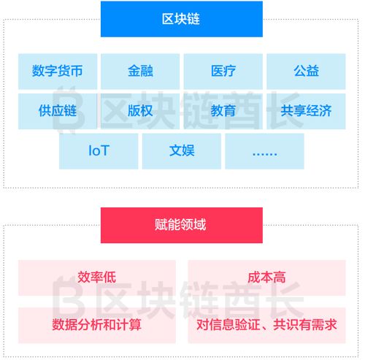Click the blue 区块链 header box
pyautogui.click(x=182, y=19)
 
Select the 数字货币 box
pyautogui.click(x=58, y=72)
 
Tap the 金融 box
pyautogui.click(x=140, y=72)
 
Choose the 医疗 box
pyautogui.click(x=223, y=72)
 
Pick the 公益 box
pyautogui.click(x=306, y=72)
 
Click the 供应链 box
pyautogui.click(x=58, y=111)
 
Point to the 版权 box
pyautogui.click(x=140, y=111)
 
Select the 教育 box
pyautogui.click(x=223, y=111)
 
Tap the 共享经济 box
pyautogui.click(x=306, y=111)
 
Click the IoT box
pyautogui.click(x=99, y=151)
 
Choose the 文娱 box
pyautogui.click(x=182, y=151)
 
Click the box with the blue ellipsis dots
pyautogui.click(x=264, y=151)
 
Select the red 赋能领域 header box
pyautogui.click(x=182, y=225)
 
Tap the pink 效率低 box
pyautogui.click(x=97, y=277)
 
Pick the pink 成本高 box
pyautogui.click(x=266, y=277)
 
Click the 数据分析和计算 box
pyautogui.click(x=97, y=326)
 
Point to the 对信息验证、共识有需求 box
pyautogui.click(x=266, y=326)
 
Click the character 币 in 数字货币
pyautogui.click(x=77, y=71)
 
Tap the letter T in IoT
pyautogui.click(x=104, y=150)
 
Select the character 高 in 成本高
pyautogui.click(x=280, y=277)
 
